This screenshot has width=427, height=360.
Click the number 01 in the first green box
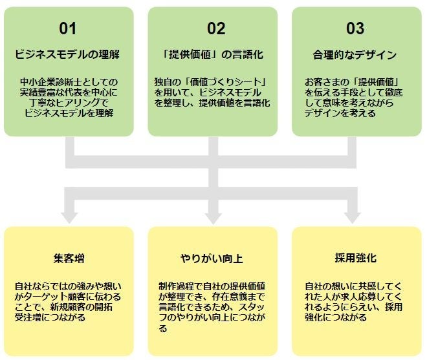[x=68, y=28]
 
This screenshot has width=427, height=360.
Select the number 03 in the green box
[x=355, y=28]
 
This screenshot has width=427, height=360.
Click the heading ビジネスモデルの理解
[x=68, y=54]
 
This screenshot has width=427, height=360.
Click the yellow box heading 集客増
[x=68, y=258]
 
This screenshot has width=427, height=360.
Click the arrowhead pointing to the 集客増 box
[x=68, y=215]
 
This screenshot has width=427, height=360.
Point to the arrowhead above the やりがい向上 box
[x=213, y=215]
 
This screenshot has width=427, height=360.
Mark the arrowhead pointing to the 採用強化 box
[x=355, y=215]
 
